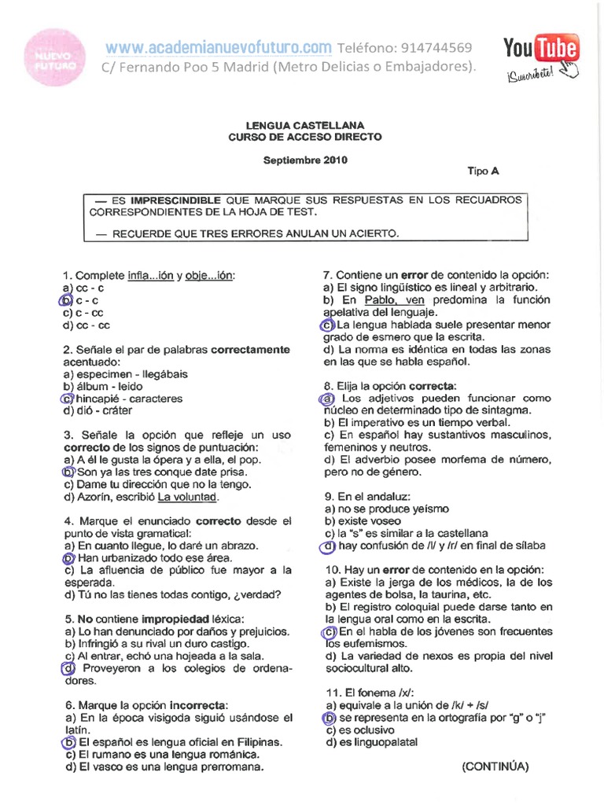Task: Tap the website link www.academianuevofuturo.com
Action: click(x=219, y=49)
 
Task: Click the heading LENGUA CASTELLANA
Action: click(x=304, y=125)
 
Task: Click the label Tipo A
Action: click(x=483, y=171)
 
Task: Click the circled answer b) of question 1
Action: click(x=67, y=300)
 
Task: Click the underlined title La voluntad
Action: click(x=188, y=497)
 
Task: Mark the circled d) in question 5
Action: click(x=68, y=668)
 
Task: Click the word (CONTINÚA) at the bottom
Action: click(x=495, y=766)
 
